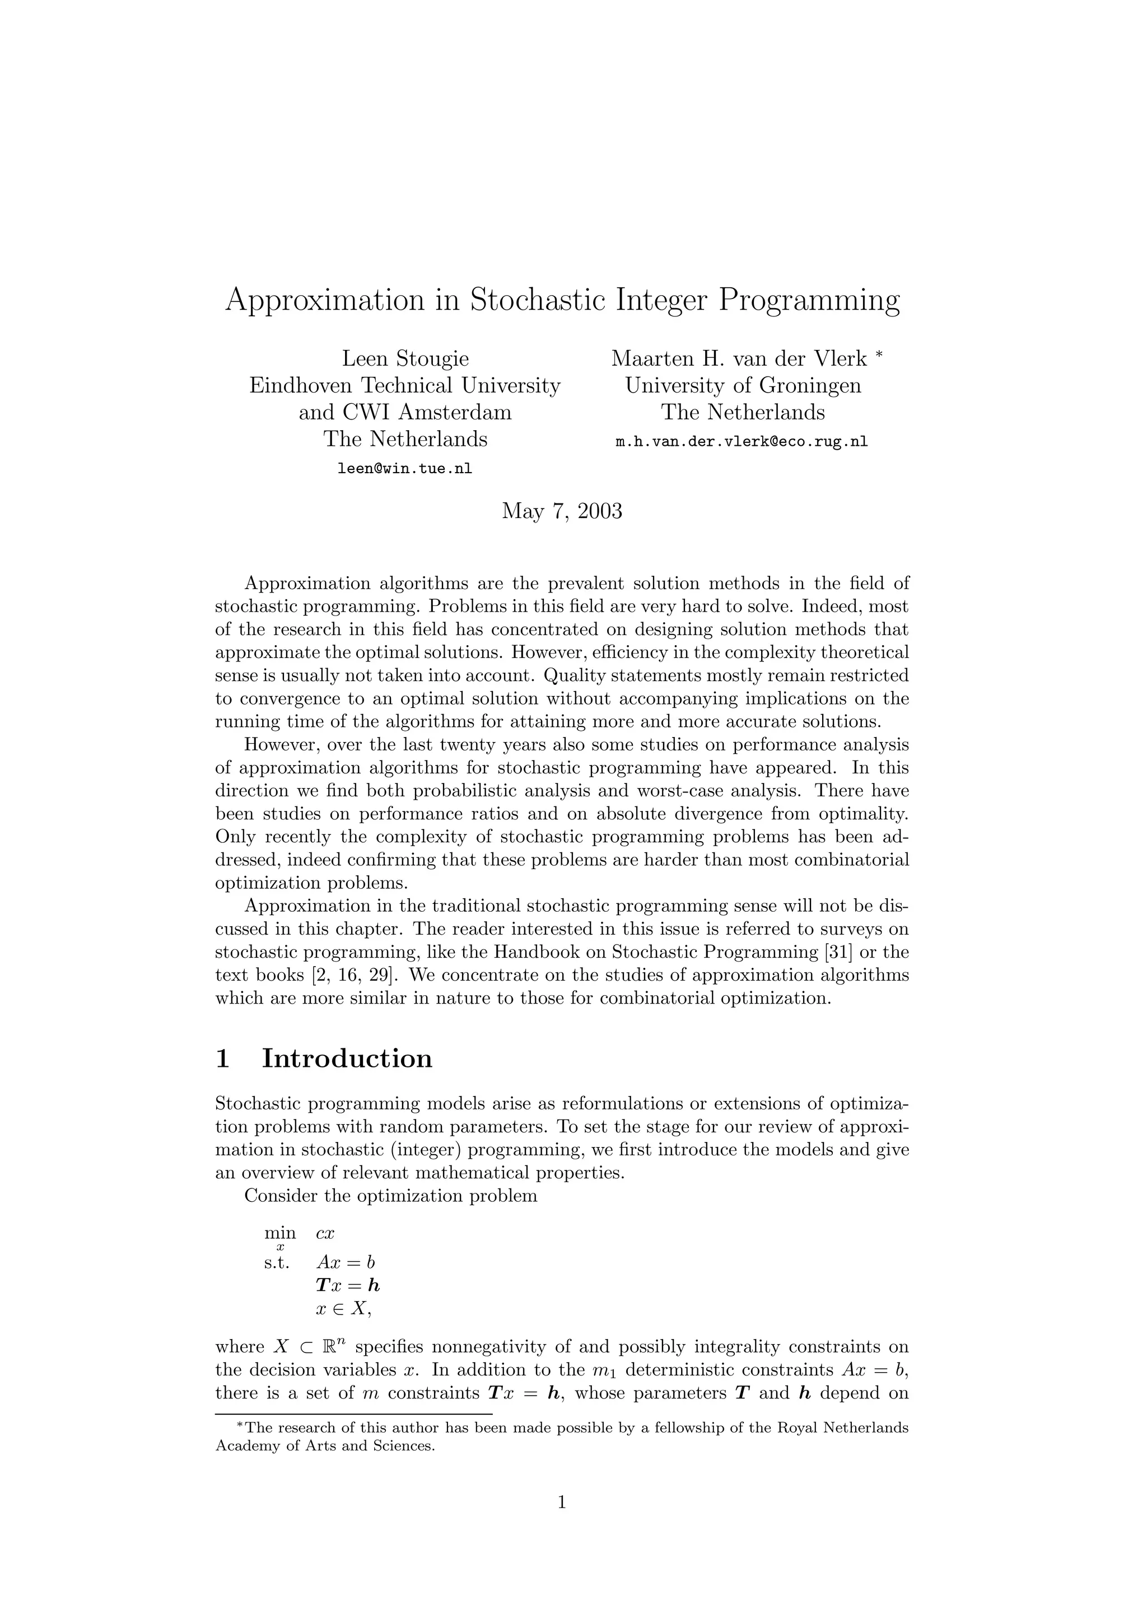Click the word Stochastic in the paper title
(x=537, y=300)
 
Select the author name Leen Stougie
(x=405, y=359)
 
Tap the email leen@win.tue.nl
(x=405, y=468)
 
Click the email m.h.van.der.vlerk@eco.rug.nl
(x=742, y=442)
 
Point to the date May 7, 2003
(x=562, y=510)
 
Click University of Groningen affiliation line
(x=743, y=386)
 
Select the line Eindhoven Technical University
(x=405, y=386)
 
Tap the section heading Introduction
(x=347, y=1059)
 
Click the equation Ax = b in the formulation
(x=346, y=1262)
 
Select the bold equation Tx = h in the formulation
(x=348, y=1285)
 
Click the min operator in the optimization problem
(x=280, y=1234)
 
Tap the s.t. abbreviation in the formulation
(x=277, y=1262)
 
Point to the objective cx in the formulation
(x=325, y=1234)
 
